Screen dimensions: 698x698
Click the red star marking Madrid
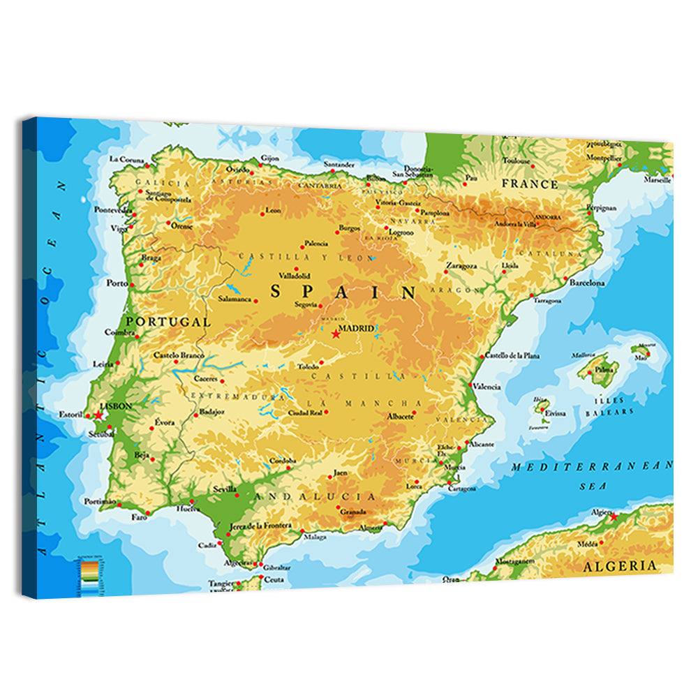[x=336, y=334]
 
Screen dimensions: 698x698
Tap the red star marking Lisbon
[x=98, y=415]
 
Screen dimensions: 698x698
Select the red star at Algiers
[x=614, y=517]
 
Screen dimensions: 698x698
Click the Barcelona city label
[x=586, y=283]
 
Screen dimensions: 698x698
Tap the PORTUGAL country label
[x=168, y=322]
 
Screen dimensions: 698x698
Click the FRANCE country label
[x=530, y=185]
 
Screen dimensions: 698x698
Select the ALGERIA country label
[x=621, y=565]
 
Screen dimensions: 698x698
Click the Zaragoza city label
[x=461, y=266]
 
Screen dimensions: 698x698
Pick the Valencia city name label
[x=487, y=386]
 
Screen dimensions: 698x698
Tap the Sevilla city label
[x=225, y=489]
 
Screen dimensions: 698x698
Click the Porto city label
[x=117, y=283]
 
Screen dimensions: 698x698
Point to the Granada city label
[x=353, y=512]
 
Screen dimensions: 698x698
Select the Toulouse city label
[x=517, y=161]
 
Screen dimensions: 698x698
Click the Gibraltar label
[x=277, y=567]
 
